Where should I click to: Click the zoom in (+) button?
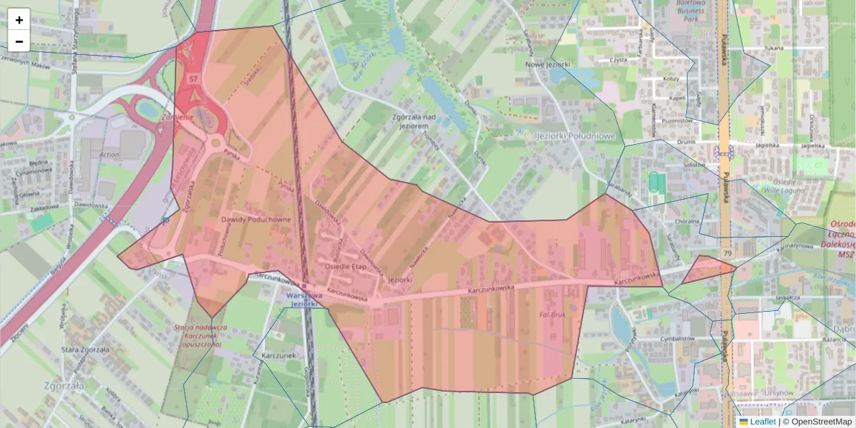point(19,20)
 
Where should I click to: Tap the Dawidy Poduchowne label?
point(255,220)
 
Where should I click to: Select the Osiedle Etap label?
point(345,265)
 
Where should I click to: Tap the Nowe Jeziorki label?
point(547,64)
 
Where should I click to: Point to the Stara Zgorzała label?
point(85,350)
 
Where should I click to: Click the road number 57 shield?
point(193,78)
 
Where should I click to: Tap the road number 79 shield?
point(727,253)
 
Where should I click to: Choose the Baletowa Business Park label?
point(690,11)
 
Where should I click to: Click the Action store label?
point(110,155)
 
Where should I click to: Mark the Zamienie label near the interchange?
point(178,117)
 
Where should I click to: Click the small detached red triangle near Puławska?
point(706,269)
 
